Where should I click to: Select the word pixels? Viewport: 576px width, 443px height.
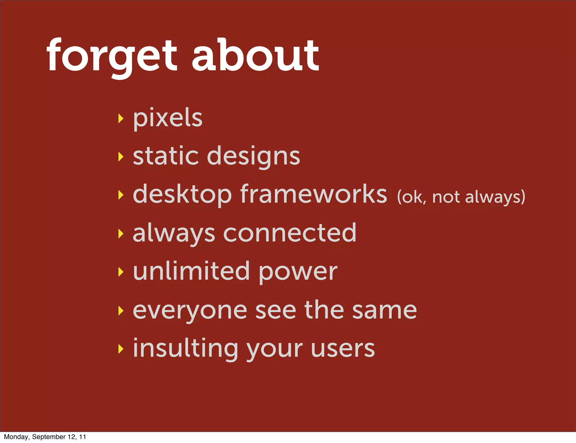[168, 118]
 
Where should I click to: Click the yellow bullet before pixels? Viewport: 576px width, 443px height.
[121, 118]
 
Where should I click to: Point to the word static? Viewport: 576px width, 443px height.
[165, 156]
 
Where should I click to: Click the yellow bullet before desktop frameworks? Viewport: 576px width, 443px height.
[121, 195]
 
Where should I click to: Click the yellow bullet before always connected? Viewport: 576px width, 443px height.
[121, 233]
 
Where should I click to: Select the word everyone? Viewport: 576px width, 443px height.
[190, 311]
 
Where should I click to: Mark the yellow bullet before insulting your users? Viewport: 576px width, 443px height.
[121, 349]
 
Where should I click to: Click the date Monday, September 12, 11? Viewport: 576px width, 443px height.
[45, 437]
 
